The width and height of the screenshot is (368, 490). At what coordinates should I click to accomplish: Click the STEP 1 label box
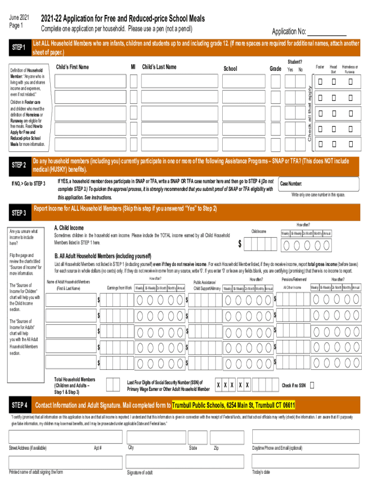click(19, 48)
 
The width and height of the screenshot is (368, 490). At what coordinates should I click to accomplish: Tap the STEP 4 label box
click(19, 405)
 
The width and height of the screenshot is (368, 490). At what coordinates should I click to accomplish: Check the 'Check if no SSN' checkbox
click(312, 385)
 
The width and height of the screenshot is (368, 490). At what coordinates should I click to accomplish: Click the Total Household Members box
click(113, 385)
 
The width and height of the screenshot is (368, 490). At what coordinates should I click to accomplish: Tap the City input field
click(155, 437)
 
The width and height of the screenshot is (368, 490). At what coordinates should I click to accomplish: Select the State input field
click(197, 437)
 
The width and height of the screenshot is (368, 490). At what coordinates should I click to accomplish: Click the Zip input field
click(228, 437)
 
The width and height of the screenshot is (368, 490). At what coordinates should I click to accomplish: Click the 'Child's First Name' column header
click(73, 67)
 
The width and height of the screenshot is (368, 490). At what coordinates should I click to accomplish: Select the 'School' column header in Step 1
click(230, 69)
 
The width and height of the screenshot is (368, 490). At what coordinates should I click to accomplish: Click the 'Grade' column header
click(275, 69)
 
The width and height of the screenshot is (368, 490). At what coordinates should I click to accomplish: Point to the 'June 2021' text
click(20, 18)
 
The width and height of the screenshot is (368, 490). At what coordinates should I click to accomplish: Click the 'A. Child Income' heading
click(69, 228)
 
